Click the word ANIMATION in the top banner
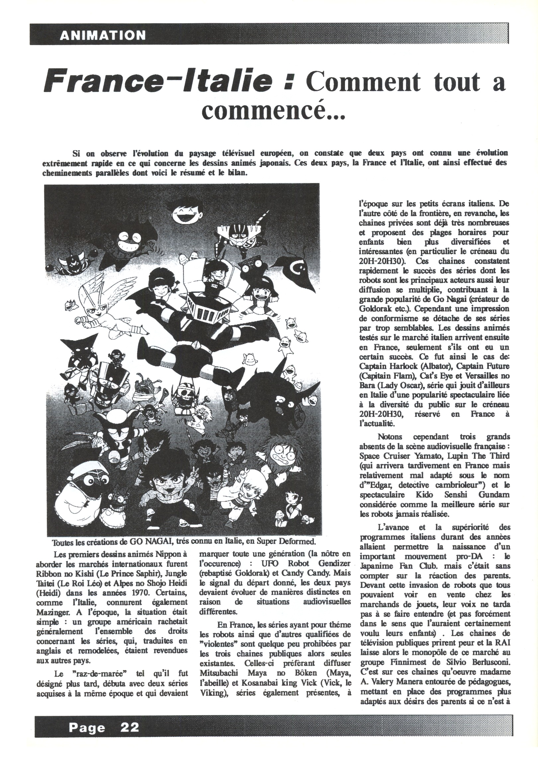[103, 35]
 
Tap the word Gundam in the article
[495, 494]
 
